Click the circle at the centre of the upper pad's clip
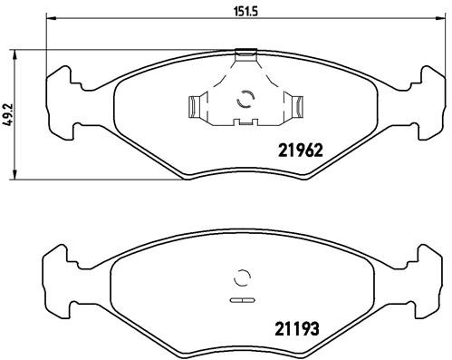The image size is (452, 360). (x=242, y=102)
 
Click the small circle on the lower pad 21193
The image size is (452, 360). (x=242, y=278)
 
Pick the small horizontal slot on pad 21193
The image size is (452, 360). (x=242, y=298)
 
